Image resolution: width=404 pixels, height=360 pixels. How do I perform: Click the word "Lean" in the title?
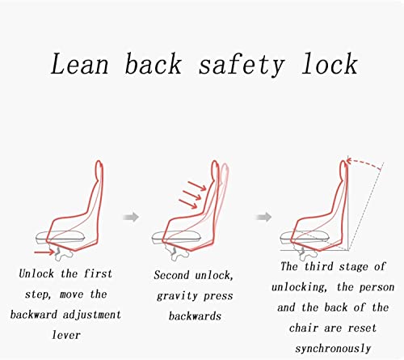pyautogui.click(x=80, y=64)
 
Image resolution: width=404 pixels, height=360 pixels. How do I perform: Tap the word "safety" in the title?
pyautogui.click(x=242, y=64)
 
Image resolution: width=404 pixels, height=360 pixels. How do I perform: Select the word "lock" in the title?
pyautogui.click(x=330, y=64)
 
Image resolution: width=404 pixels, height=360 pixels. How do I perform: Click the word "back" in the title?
pyautogui.click(x=154, y=64)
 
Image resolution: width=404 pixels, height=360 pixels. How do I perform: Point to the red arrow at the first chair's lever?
pyautogui.click(x=44, y=252)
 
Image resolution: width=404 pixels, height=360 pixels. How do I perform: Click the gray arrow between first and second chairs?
pyautogui.click(x=131, y=217)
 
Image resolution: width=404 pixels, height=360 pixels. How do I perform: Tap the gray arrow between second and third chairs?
pyautogui.click(x=263, y=217)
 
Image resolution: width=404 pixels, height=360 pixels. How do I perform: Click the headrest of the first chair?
pyautogui.click(x=99, y=171)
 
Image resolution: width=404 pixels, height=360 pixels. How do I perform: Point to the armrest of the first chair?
pyautogui.click(x=61, y=237)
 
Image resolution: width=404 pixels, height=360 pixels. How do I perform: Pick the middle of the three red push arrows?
pyautogui.click(x=191, y=195)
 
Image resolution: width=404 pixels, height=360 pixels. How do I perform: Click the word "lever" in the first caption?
pyautogui.click(x=66, y=335)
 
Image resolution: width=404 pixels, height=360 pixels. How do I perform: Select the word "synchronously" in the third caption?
pyautogui.click(x=333, y=349)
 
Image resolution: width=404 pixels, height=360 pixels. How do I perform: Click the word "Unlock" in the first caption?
pyautogui.click(x=36, y=273)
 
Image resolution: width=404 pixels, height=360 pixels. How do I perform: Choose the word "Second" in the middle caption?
pyautogui.click(x=171, y=275)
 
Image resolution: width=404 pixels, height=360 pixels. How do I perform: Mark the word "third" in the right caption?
pyautogui.click(x=319, y=266)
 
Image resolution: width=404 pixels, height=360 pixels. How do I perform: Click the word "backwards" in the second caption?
pyautogui.click(x=195, y=316)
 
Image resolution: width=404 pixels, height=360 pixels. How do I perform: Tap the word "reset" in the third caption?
pyautogui.click(x=362, y=328)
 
